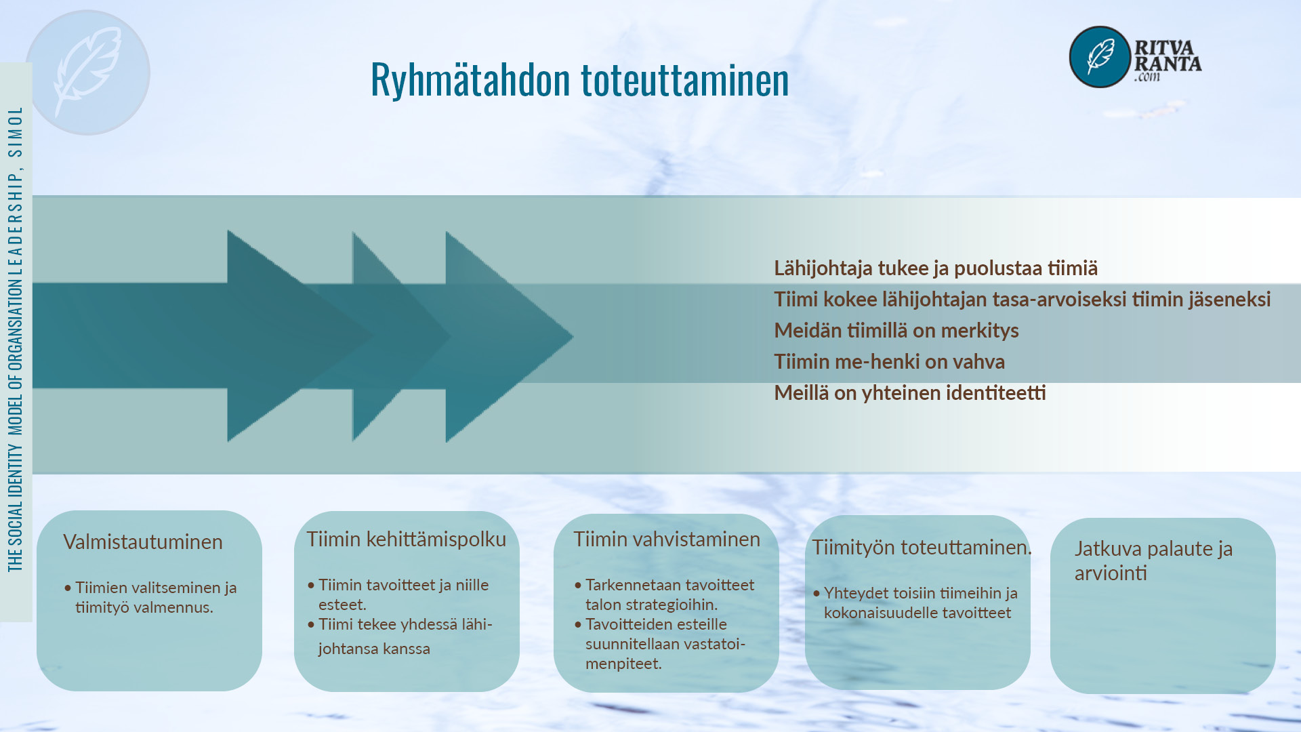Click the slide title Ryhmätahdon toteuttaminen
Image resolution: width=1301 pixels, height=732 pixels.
pyautogui.click(x=579, y=80)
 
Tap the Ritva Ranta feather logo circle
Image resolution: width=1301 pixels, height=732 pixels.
pyautogui.click(x=1100, y=57)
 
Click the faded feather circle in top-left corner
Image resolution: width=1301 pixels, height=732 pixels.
pyautogui.click(x=87, y=73)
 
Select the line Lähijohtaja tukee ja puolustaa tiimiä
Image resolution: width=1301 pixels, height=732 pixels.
pyautogui.click(x=936, y=268)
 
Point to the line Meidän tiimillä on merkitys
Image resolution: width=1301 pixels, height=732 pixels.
pyautogui.click(x=896, y=331)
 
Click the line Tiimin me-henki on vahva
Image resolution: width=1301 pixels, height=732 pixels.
pyautogui.click(x=889, y=362)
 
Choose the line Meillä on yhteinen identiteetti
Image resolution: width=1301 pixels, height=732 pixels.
pyautogui.click(x=910, y=393)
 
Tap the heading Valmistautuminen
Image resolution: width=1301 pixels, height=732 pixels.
pyautogui.click(x=143, y=542)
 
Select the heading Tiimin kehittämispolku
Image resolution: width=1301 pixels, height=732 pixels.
pyautogui.click(x=406, y=540)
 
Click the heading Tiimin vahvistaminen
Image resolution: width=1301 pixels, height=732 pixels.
pyautogui.click(x=667, y=540)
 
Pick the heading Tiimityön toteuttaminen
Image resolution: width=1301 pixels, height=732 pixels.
pyautogui.click(x=922, y=548)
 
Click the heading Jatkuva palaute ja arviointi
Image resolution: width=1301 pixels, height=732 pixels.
pyautogui.click(x=1153, y=561)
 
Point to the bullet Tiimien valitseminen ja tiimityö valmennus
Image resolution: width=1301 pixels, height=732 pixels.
pyautogui.click(x=150, y=597)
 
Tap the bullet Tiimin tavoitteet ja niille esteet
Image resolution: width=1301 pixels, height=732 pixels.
pyautogui.click(x=398, y=594)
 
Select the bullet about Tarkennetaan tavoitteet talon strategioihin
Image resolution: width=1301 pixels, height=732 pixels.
pyautogui.click(x=664, y=594)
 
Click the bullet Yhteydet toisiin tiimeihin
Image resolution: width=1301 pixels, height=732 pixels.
pyautogui.click(x=915, y=603)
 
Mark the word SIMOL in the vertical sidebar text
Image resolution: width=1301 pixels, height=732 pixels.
pyautogui.click(x=16, y=131)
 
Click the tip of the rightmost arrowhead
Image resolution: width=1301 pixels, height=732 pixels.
pyautogui.click(x=573, y=336)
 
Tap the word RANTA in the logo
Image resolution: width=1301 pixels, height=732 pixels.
pyautogui.click(x=1168, y=64)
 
